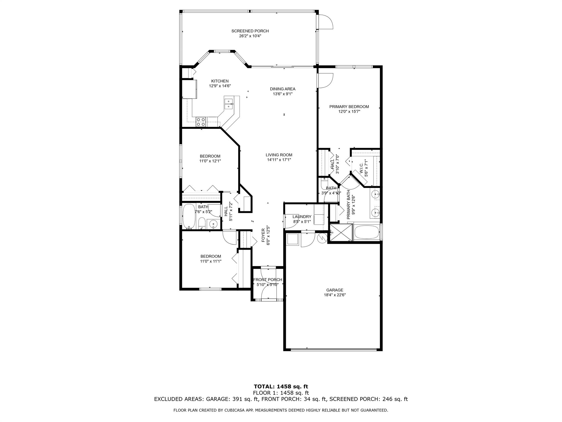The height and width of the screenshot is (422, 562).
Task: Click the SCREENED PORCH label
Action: [250, 31]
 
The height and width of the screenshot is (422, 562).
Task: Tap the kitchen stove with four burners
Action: [201, 122]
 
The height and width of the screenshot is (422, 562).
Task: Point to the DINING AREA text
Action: [283, 89]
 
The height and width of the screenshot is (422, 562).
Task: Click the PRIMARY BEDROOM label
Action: [349, 107]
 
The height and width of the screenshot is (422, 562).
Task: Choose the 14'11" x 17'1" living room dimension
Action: [279, 160]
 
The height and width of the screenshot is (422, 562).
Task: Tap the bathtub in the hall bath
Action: [189, 216]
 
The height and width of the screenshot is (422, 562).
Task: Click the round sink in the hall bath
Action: [213, 225]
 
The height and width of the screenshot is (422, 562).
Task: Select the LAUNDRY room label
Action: [302, 217]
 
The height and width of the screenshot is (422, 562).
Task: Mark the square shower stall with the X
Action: [341, 232]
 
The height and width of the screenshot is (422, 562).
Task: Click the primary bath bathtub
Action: [367, 232]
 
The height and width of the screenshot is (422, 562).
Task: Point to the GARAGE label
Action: [335, 290]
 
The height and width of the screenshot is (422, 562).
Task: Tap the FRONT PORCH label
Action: [268, 280]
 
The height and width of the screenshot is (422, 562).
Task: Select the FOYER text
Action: [263, 235]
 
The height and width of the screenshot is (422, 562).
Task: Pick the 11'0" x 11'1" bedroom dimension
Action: [211, 261]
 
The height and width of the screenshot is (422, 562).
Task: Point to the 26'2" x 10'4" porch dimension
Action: [250, 36]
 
